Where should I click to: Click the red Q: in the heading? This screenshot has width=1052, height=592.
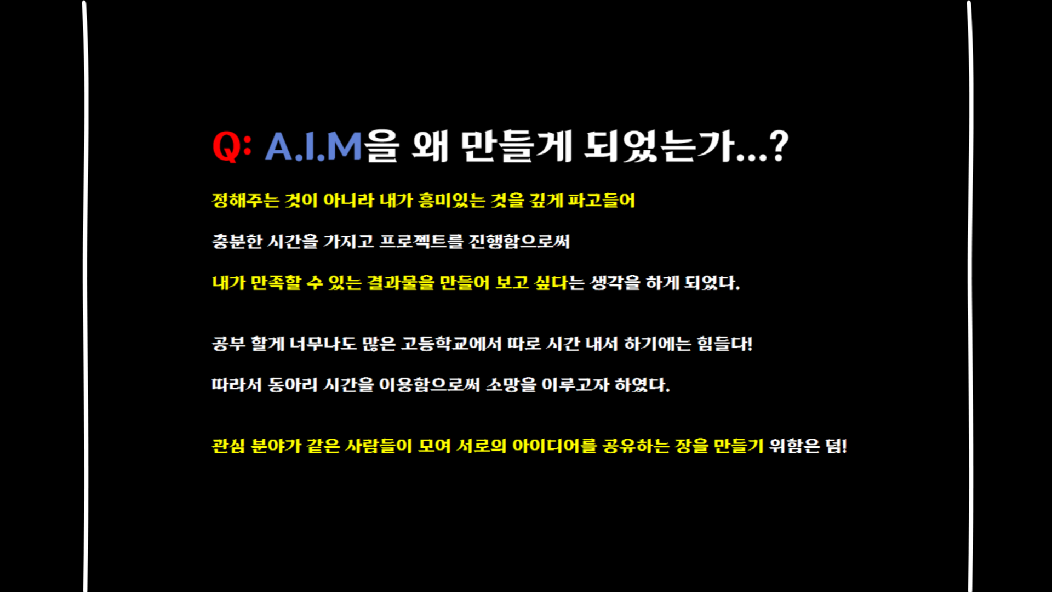(x=232, y=146)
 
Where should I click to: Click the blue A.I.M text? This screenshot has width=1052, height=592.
(x=313, y=146)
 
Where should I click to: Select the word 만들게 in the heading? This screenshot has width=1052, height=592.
(x=517, y=146)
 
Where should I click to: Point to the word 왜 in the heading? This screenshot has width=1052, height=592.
(x=431, y=146)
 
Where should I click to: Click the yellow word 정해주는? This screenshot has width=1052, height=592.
(x=245, y=200)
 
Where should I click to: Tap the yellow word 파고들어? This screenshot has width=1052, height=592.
(x=601, y=200)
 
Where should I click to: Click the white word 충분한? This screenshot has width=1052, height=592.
(x=237, y=241)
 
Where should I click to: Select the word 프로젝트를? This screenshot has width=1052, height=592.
(x=421, y=241)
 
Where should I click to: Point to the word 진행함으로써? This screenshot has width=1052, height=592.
(x=519, y=241)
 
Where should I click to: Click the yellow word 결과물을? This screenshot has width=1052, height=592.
(x=401, y=282)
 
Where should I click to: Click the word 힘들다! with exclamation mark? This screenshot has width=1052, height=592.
(x=724, y=344)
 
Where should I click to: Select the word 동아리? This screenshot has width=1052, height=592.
(x=293, y=384)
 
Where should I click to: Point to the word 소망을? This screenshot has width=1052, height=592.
(x=511, y=384)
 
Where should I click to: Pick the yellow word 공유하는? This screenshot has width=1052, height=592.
(x=636, y=446)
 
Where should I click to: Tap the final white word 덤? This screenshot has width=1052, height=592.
(x=836, y=446)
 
